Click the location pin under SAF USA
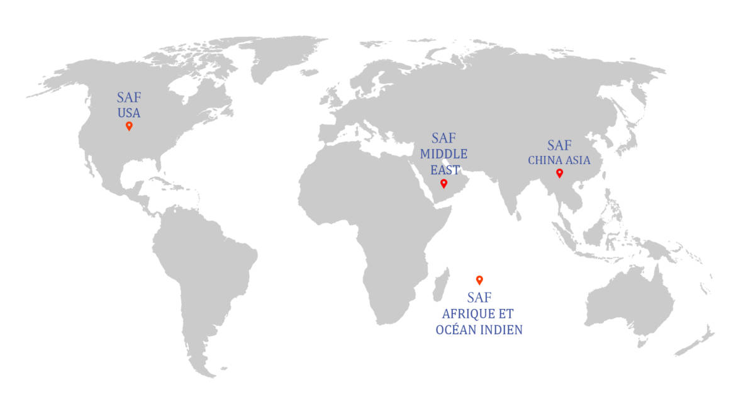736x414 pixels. (x=129, y=126)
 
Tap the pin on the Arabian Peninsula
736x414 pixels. (x=443, y=183)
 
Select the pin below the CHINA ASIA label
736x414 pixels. (x=559, y=173)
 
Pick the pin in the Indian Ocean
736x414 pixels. (x=479, y=280)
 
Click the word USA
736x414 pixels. (x=129, y=114)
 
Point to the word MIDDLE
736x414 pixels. (x=444, y=154)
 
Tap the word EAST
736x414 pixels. (x=445, y=169)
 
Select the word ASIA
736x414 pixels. (x=578, y=160)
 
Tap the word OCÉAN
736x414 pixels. (x=457, y=330)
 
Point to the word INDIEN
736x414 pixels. (x=501, y=330)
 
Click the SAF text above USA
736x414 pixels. (x=129, y=98)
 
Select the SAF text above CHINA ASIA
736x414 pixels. (x=559, y=145)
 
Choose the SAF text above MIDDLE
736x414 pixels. (x=444, y=138)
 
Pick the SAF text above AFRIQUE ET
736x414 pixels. (x=479, y=297)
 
